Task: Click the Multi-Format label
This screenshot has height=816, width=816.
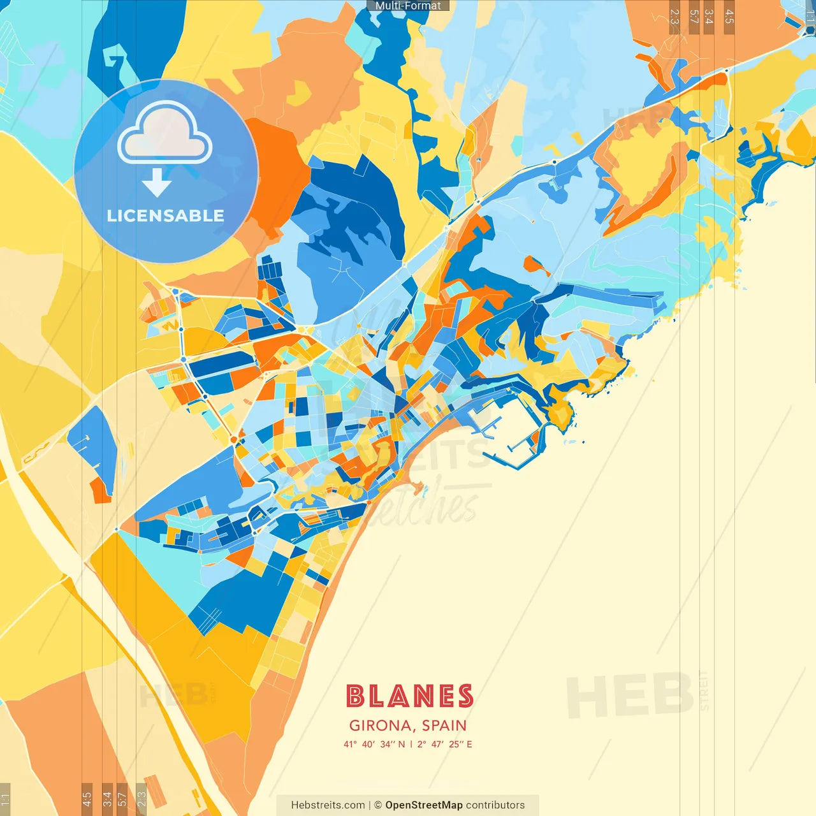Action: (408, 6)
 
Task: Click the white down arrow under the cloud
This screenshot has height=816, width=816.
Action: (157, 182)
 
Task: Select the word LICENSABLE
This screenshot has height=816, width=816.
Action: (166, 216)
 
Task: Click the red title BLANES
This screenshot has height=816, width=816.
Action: (409, 696)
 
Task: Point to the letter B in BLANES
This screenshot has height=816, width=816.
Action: (355, 696)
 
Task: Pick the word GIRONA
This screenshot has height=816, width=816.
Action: (380, 725)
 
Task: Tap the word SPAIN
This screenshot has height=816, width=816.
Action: (444, 725)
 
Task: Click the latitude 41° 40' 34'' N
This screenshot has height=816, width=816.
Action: (374, 744)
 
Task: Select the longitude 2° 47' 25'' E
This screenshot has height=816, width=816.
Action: (445, 744)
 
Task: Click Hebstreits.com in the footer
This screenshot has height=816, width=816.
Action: (328, 805)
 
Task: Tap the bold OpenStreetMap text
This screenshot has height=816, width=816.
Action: (424, 805)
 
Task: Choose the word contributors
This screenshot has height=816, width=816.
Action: (495, 805)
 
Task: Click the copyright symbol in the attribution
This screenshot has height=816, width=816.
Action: (378, 805)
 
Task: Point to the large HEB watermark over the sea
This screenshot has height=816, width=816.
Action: (630, 695)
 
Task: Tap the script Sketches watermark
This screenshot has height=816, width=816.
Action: (424, 507)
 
